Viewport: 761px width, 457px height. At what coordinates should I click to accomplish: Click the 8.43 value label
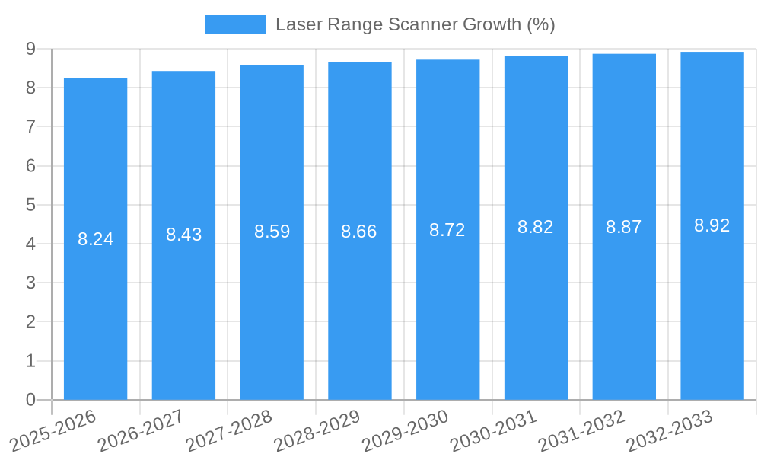183,235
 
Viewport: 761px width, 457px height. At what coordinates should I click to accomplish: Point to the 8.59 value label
272,232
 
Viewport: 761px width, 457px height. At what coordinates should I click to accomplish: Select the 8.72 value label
447,230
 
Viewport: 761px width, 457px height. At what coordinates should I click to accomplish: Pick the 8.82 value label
536,227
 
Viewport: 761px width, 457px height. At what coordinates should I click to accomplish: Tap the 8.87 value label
624,227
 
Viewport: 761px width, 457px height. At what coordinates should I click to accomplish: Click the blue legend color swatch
235,24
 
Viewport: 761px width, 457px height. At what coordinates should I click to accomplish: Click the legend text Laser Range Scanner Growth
415,24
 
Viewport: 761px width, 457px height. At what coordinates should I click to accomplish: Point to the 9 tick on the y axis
30,49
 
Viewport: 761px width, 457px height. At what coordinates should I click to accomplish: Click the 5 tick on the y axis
30,205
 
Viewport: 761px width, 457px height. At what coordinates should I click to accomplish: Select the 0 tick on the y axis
30,400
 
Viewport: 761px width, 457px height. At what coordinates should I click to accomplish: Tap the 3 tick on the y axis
30,283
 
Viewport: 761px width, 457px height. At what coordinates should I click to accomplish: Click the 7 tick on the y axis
30,126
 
